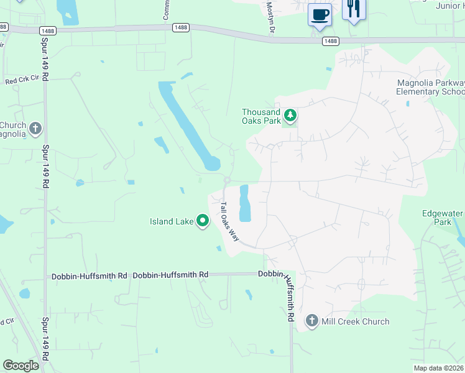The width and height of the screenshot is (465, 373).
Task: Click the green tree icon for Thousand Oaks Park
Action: pyautogui.click(x=290, y=115)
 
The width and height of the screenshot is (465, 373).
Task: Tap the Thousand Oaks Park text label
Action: pyautogui.click(x=261, y=116)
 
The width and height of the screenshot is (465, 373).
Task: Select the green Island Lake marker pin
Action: pyautogui.click(x=203, y=221)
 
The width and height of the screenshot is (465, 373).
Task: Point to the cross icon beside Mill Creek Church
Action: pyautogui.click(x=312, y=321)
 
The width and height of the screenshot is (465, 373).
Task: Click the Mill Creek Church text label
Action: pyautogui.click(x=355, y=321)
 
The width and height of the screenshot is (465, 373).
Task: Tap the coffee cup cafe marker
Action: pyautogui.click(x=320, y=14)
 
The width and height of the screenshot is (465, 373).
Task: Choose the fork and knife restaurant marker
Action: pyautogui.click(x=354, y=9)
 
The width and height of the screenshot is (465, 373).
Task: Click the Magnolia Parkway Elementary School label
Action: pyautogui.click(x=430, y=87)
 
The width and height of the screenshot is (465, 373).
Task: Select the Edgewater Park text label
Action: pyautogui.click(x=442, y=218)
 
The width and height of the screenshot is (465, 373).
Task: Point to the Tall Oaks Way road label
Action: pyautogui.click(x=230, y=221)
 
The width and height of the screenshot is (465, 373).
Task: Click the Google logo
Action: pyautogui.click(x=21, y=365)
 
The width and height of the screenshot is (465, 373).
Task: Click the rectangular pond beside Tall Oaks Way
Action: pyautogui.click(x=245, y=203)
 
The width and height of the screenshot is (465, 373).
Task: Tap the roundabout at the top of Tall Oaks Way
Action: pyautogui.click(x=228, y=180)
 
